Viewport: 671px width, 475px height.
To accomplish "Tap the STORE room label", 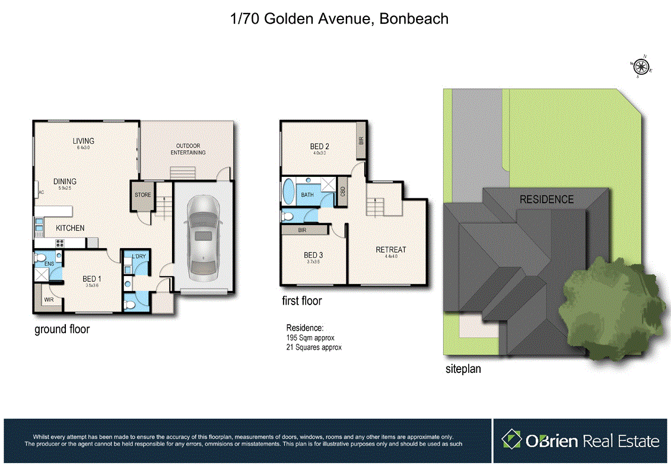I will tap(143, 195).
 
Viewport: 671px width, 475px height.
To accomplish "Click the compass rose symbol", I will tap(642, 66).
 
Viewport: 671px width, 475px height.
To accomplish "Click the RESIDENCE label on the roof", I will tap(546, 199).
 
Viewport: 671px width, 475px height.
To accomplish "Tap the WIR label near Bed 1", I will tap(48, 300).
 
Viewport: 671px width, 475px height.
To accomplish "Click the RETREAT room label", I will tap(390, 249).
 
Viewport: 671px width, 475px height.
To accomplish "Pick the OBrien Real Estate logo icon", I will tap(511, 440).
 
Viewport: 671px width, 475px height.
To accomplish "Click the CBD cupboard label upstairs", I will tap(343, 192).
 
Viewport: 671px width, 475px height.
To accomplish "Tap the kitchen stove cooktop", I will tap(60, 242).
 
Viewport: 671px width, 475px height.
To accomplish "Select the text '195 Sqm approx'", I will tap(310, 338).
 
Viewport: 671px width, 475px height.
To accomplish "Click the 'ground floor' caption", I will tap(62, 329).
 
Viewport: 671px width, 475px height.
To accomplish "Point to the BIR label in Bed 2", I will tap(361, 141).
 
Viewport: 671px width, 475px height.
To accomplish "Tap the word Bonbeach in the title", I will tap(414, 19).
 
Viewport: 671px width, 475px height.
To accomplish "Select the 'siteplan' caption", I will tap(463, 369).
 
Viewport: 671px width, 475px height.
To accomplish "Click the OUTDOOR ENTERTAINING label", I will tap(188, 149).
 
